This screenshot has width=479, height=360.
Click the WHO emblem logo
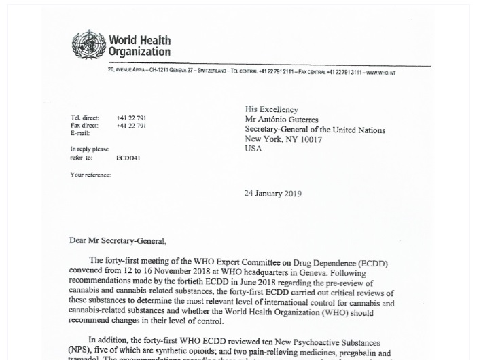pyautogui.click(x=88, y=45)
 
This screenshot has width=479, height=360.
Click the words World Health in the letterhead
pyautogui.click(x=140, y=41)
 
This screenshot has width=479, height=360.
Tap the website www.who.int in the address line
pyautogui.click(x=380, y=73)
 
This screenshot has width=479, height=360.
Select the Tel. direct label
pyautogui.click(x=85, y=118)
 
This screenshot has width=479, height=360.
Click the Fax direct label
pyautogui.click(x=84, y=126)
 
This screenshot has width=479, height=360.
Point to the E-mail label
pyautogui.click(x=80, y=133)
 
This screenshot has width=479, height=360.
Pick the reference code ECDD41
pyautogui.click(x=128, y=158)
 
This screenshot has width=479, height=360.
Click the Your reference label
pyautogui.click(x=90, y=175)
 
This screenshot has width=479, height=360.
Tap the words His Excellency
pyautogui.click(x=272, y=109)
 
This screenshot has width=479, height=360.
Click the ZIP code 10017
pyautogui.click(x=309, y=139)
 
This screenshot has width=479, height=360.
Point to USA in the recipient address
pyautogui.click(x=253, y=149)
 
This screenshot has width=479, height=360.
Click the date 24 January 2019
pyautogui.click(x=272, y=194)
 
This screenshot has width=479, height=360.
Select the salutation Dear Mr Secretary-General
pyautogui.click(x=118, y=240)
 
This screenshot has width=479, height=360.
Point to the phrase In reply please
pyautogui.click(x=90, y=149)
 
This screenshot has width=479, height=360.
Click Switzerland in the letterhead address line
pyautogui.click(x=212, y=73)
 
